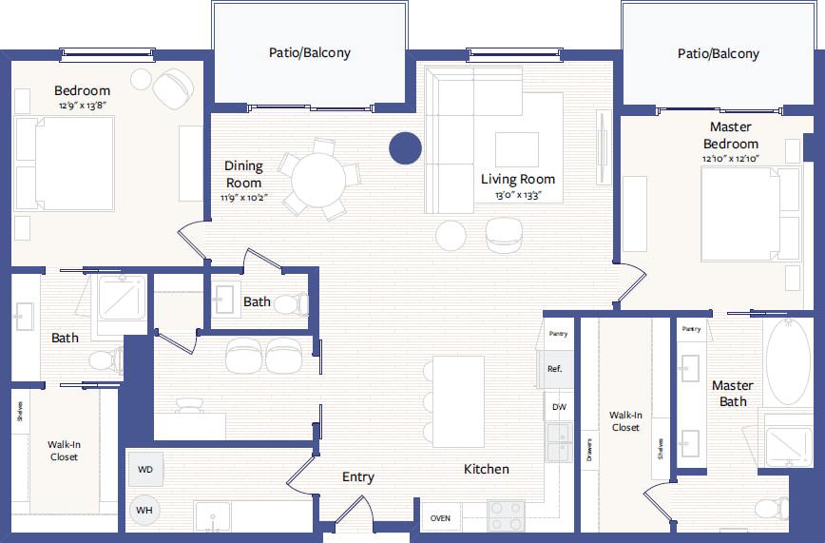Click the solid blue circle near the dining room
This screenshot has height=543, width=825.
point(405,148)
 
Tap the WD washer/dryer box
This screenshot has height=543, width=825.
point(145,469)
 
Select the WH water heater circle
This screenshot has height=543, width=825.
point(144,510)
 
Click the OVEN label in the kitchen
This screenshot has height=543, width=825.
point(440,518)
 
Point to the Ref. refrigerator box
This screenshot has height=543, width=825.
point(554,369)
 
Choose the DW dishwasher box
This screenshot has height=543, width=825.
point(559,407)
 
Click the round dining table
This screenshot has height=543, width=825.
point(318,180)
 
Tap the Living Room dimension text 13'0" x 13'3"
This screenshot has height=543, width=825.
point(518,195)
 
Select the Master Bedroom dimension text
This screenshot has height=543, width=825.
point(731,158)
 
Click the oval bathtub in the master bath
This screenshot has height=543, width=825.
point(788,361)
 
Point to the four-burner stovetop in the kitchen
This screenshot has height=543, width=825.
point(507,515)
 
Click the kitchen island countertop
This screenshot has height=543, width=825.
point(458,402)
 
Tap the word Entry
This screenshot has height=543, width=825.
point(357,477)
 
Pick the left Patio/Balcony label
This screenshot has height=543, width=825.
point(310,52)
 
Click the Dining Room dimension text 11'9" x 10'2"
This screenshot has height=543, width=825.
point(243,198)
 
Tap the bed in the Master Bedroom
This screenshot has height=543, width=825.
point(751,214)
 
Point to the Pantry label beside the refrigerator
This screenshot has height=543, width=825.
point(558,334)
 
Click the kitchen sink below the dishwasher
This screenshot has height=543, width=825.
point(559,442)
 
